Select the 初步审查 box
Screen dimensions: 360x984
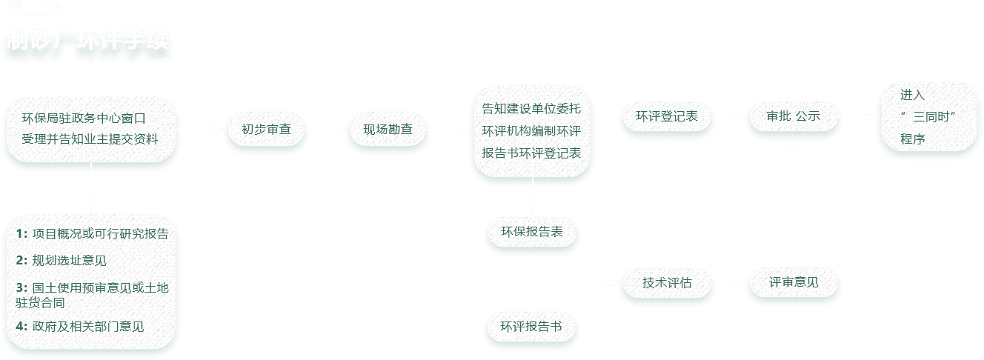point(266,129)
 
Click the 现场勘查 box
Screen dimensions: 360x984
point(388,129)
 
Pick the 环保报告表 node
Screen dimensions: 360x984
point(532,232)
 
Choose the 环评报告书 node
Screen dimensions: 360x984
point(531,326)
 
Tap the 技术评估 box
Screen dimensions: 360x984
point(667,282)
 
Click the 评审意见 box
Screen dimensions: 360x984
point(794,282)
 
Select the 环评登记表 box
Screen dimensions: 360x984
point(667,116)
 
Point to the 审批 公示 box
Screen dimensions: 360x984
point(793,116)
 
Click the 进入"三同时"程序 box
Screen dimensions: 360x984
point(928,116)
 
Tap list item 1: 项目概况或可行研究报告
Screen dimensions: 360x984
point(92,234)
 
